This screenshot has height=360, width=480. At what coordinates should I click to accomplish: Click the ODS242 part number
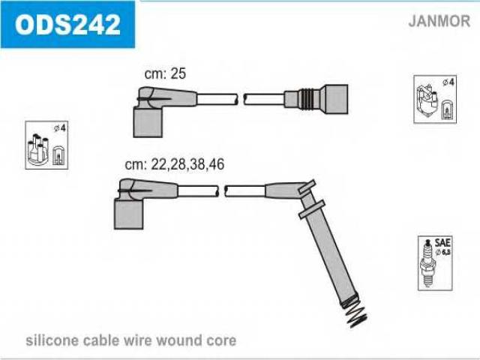67,25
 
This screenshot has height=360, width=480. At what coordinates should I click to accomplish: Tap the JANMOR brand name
439,21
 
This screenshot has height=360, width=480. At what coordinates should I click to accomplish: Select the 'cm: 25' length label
165,73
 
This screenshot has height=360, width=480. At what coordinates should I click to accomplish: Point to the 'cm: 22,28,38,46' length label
175,164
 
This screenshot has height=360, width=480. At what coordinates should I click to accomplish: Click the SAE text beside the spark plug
442,243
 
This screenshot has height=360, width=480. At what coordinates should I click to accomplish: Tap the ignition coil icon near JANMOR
426,100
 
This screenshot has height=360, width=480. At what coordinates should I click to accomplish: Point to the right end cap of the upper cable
336,99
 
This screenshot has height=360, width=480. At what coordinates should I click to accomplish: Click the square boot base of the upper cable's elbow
148,123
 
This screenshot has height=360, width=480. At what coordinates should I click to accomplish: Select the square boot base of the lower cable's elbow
128,214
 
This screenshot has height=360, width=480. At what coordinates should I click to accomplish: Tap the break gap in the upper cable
241,99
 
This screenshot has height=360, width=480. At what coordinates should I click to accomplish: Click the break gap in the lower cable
222,190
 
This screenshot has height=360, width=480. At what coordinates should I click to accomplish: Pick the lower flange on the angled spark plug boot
311,209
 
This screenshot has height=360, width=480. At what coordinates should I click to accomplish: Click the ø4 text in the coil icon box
448,82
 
